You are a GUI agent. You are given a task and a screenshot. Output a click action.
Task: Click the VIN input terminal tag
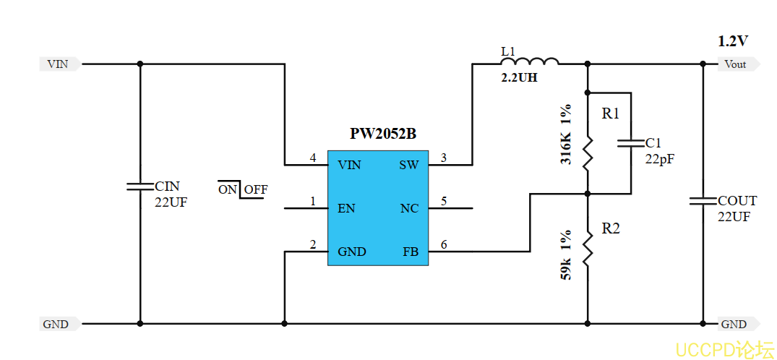click(59, 64)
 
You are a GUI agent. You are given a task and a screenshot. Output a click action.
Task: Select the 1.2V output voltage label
click(732, 41)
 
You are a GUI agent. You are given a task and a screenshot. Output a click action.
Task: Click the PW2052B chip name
click(382, 134)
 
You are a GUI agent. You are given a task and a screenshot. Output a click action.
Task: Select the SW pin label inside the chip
click(408, 166)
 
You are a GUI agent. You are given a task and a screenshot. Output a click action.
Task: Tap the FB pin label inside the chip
click(410, 252)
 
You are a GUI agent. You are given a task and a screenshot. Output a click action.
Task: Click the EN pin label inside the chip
click(346, 209)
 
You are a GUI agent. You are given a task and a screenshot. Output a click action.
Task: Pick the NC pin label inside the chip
click(409, 209)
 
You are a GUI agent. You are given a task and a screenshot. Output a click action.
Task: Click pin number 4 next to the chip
click(313, 158)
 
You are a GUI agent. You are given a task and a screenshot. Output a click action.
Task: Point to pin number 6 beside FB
click(443, 244)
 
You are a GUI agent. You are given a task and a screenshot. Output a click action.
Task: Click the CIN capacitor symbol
click(139, 186)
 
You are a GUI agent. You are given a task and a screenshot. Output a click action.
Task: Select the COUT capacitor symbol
click(703, 200)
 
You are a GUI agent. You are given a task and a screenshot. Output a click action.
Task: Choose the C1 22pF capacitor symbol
click(630, 143)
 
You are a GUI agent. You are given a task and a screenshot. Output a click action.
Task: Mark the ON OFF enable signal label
click(243, 190)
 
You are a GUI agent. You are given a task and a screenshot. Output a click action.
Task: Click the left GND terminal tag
click(56, 325)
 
